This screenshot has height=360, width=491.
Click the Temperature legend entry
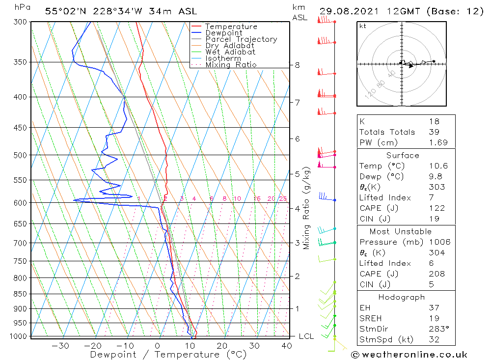pyautogui.click(x=231, y=27)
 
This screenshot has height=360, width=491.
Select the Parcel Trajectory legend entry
pyautogui.click(x=241, y=39)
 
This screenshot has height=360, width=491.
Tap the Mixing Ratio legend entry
pyautogui.click(x=231, y=65)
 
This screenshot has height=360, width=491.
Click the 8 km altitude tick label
pyautogui.click(x=297, y=65)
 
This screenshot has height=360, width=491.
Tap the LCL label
pyautogui.click(x=306, y=336)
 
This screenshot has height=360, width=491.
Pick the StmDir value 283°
pyautogui.click(x=436, y=329)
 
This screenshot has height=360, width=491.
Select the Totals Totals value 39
pyautogui.click(x=433, y=132)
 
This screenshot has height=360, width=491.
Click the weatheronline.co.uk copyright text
pyautogui.click(x=409, y=355)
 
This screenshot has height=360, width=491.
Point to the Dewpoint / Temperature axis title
pyautogui.click(x=168, y=354)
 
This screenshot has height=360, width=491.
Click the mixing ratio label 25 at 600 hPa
pyautogui.click(x=283, y=198)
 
